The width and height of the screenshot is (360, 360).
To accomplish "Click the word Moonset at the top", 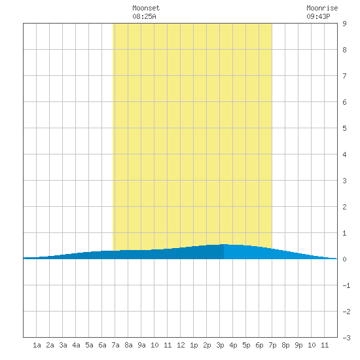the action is [146, 8].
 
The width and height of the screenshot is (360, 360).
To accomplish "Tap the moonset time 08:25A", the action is [144, 16].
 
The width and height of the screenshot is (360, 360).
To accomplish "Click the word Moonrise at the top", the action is [322, 8].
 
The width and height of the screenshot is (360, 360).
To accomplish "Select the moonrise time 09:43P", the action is [318, 16].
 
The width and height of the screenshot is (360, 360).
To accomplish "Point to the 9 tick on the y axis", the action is [344, 24].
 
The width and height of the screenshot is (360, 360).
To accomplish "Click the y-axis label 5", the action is [344, 128].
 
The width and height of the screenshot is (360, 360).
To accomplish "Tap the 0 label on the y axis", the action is [344, 259].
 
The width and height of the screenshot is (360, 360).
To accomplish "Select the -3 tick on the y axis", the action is [346, 338].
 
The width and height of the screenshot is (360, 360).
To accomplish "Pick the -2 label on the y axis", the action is [346, 312].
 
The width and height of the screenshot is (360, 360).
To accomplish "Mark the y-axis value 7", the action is [344, 76].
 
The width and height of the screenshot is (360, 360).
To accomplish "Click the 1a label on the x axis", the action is [37, 345].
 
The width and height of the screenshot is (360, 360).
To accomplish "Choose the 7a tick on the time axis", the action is [115, 345].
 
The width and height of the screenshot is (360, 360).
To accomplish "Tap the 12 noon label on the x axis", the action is [181, 345].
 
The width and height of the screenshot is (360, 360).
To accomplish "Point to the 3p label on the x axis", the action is [220, 345].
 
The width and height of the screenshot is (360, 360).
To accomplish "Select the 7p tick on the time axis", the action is [272, 345].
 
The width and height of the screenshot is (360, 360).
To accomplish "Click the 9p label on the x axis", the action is [298, 345].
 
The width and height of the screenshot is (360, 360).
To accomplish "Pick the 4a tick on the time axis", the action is [76, 345].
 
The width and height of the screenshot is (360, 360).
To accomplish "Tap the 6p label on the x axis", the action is [259, 345].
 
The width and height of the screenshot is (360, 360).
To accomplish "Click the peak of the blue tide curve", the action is [224, 244].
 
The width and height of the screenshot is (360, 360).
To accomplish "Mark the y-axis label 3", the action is [344, 181].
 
